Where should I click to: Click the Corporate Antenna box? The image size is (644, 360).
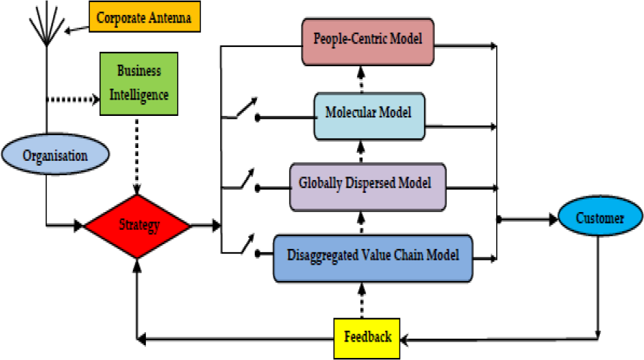coord(144,16)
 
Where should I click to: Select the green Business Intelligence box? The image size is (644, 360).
coord(139,83)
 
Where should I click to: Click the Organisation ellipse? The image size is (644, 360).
coord(55,155)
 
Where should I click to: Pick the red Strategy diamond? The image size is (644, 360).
coord(137,226)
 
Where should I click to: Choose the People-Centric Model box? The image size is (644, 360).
coord(367,42)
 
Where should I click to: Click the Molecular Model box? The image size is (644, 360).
coord(369,117)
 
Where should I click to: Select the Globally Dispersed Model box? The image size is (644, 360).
coord(367,187)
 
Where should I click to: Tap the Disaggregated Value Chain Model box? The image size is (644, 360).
coord(373,258)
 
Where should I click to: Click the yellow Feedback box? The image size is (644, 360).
coord(367,338)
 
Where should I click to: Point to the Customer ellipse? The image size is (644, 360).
coord(600,216)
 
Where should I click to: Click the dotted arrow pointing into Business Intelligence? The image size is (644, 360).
coord(73,99)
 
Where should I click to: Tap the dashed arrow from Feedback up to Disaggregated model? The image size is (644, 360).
coord(361,301)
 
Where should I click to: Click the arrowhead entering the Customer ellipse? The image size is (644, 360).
coord(553,220)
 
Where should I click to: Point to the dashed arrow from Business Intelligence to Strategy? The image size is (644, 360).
coord(137,155)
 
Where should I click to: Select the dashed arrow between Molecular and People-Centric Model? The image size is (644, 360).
coord(361,79)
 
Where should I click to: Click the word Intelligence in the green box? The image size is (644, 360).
coord(139,95)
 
